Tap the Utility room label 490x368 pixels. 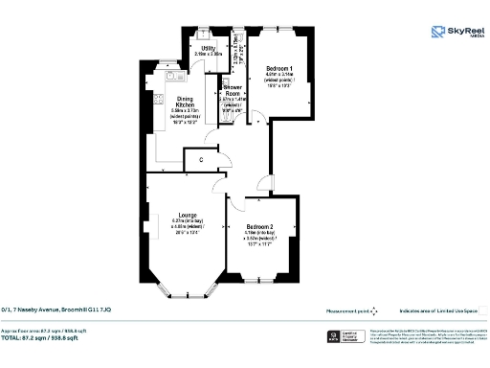(x=207, y=51)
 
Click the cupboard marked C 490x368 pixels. (x=201, y=159)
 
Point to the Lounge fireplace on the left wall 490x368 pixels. (x=146, y=217)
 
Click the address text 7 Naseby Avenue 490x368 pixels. (x=57, y=310)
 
